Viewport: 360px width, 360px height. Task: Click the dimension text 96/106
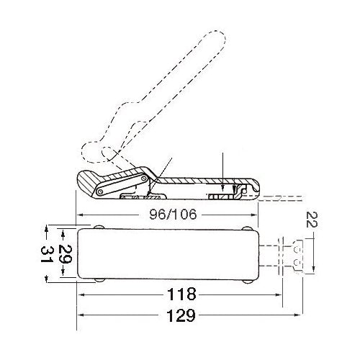pos(168,215)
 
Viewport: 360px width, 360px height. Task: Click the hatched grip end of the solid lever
pos(90,185)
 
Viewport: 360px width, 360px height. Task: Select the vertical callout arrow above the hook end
pos(224,173)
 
